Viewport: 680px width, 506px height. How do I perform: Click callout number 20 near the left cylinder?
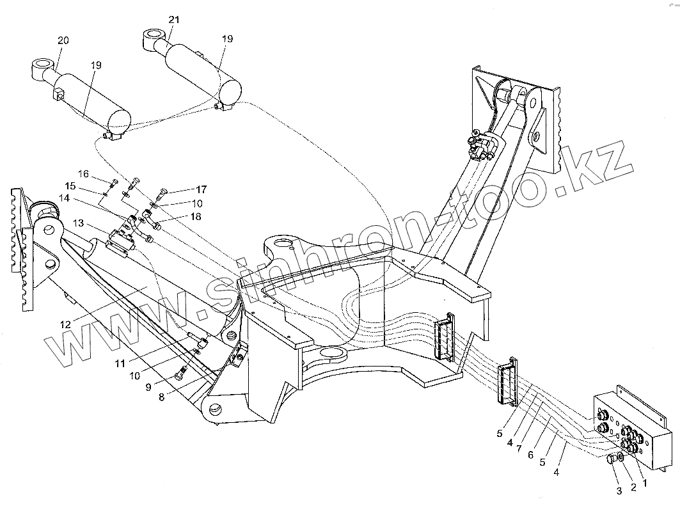pos(62,40)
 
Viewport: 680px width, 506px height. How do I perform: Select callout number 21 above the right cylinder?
pos(173,20)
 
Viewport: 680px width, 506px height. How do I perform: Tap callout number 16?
pos(84,174)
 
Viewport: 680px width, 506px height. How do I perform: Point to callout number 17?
pos(201,189)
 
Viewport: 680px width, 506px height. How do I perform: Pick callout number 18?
pos(195,217)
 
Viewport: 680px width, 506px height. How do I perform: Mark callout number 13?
pos(78,223)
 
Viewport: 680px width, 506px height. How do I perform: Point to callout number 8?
pos(161,397)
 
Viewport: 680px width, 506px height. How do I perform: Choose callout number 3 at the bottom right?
pos(619,491)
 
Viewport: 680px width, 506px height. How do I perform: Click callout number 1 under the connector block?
pos(645,484)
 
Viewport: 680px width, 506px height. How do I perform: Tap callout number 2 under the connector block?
pos(633,487)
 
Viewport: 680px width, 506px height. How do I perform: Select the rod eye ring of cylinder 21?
pos(154,35)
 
